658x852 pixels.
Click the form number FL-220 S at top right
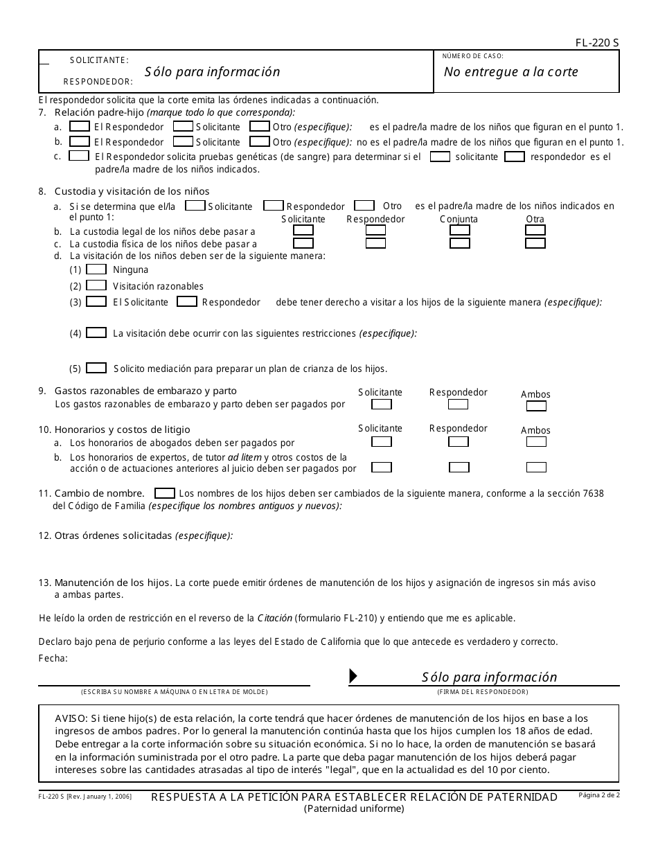click(x=597, y=43)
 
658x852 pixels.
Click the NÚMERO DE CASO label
click(x=473, y=56)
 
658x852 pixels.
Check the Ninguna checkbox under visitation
click(x=96, y=269)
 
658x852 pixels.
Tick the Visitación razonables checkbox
click(x=96, y=285)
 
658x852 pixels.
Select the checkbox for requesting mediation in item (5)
click(x=96, y=368)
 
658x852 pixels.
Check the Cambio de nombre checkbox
click(x=164, y=493)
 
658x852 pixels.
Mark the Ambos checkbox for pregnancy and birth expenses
click(x=536, y=407)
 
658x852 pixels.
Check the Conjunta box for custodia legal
click(x=459, y=230)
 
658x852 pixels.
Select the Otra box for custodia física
click(x=535, y=243)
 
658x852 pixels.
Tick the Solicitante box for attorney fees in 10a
click(x=381, y=441)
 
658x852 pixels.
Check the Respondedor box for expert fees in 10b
click(x=459, y=467)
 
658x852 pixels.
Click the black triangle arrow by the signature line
click(x=353, y=676)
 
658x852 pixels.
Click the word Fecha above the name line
click(x=53, y=658)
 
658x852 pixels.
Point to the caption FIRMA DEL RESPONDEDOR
click(x=482, y=692)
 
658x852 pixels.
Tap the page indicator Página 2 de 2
click(x=598, y=795)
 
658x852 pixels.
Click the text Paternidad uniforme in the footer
click(x=354, y=808)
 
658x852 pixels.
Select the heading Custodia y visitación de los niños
click(x=132, y=191)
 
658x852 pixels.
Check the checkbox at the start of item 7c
click(x=79, y=156)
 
